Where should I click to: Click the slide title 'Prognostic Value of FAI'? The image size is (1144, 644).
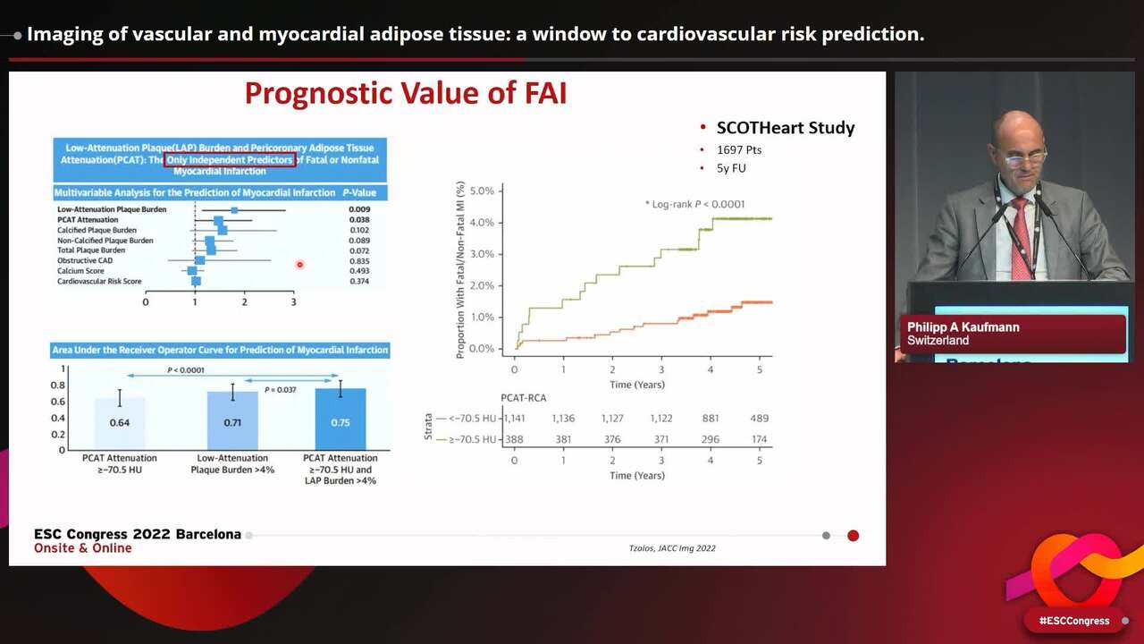[x=406, y=94]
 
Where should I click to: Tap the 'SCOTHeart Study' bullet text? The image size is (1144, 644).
[x=785, y=128]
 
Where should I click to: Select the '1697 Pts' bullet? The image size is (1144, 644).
[x=738, y=150]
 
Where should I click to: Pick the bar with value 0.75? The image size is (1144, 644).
[x=340, y=419]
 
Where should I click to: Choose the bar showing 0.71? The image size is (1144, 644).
[x=232, y=420]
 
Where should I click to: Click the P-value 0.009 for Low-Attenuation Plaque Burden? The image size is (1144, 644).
[x=359, y=209]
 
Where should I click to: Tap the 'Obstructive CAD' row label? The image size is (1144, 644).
[x=85, y=260]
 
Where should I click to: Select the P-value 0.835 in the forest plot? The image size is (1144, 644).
[x=359, y=260]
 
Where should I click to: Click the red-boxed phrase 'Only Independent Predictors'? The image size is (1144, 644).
[x=230, y=160]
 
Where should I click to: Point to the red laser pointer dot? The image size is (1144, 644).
[x=299, y=264]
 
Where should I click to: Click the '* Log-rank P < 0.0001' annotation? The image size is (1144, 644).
[x=694, y=205]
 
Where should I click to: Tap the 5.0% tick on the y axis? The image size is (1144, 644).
[x=481, y=191]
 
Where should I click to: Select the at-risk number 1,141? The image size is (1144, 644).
[x=515, y=419]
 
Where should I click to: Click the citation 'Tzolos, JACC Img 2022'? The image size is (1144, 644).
[x=672, y=548]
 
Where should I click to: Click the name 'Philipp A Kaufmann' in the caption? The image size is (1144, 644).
[x=963, y=327]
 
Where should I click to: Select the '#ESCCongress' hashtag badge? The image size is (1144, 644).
[x=1073, y=621]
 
